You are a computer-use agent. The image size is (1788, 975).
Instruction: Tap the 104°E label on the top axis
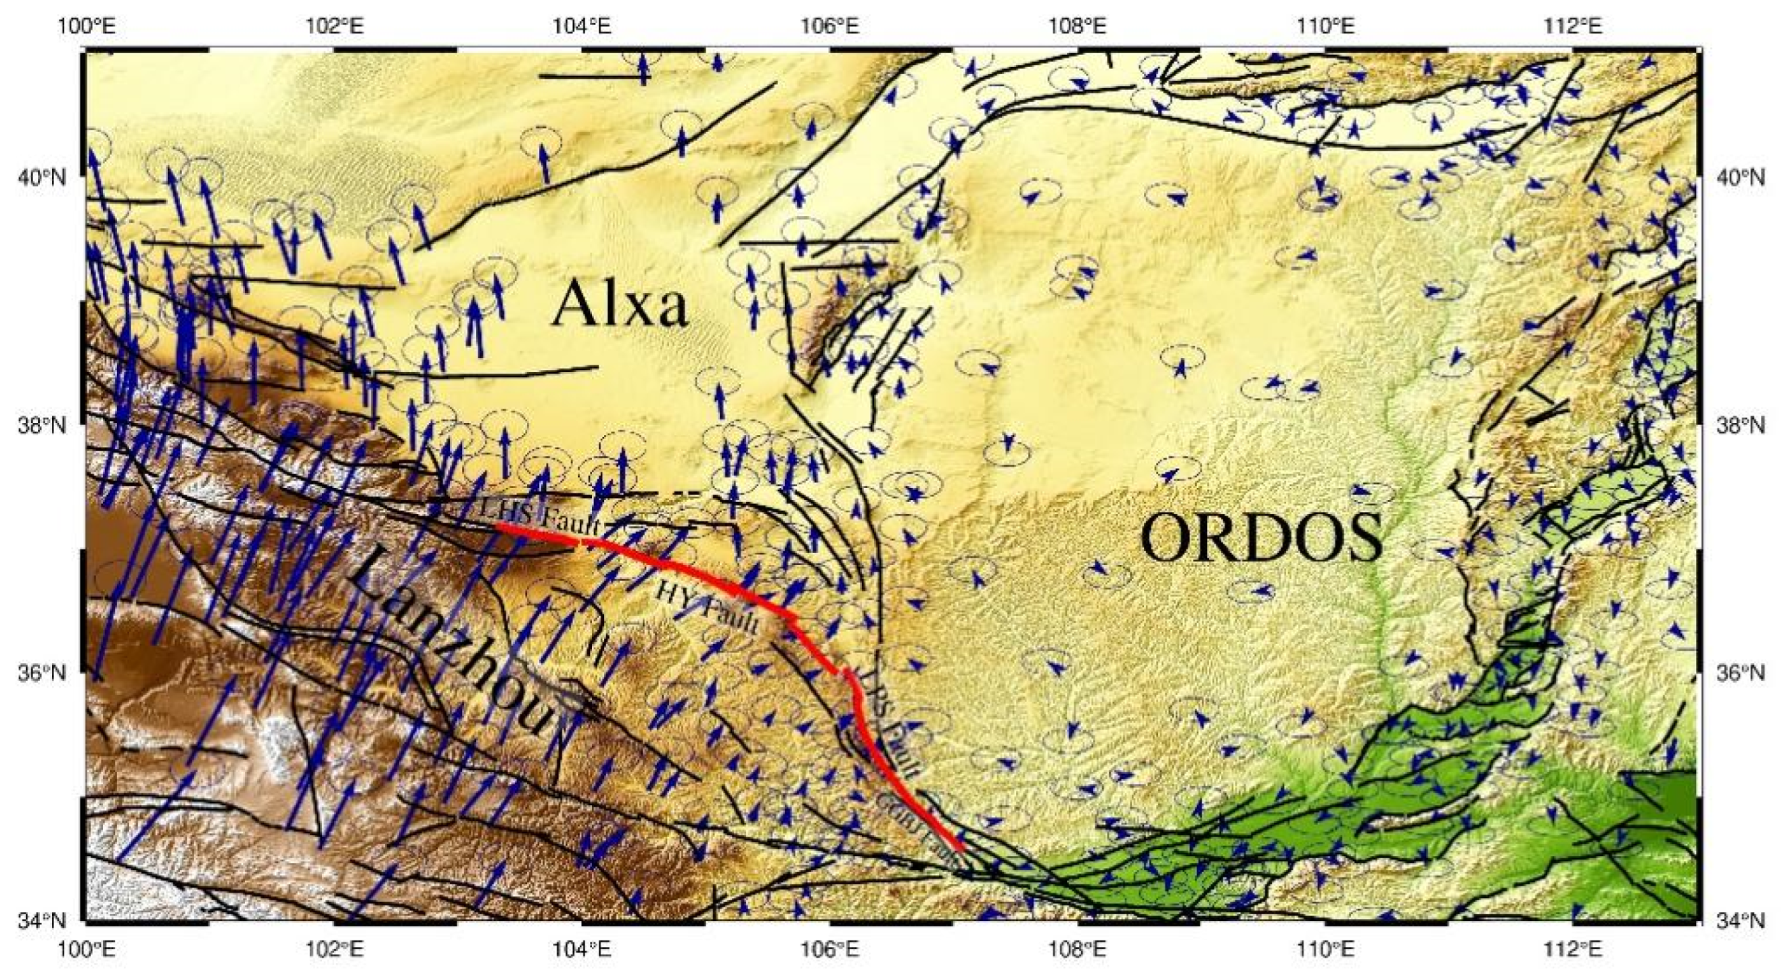click(581, 26)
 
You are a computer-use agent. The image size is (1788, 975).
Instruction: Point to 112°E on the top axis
click(1574, 26)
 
